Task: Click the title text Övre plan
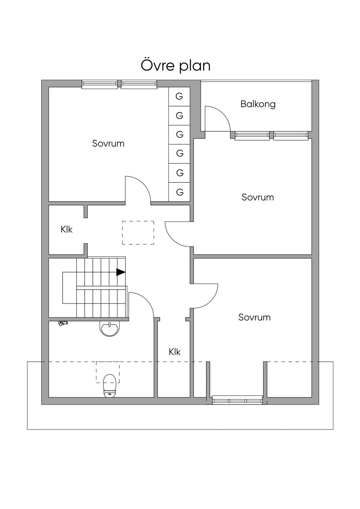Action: pos(175,66)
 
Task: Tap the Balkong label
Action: pos(258,104)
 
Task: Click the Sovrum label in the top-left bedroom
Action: pos(108,143)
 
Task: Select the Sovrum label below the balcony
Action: pos(258,197)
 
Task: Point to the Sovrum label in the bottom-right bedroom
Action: pos(255,317)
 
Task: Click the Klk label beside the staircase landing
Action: pos(66,230)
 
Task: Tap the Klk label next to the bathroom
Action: pos(174,352)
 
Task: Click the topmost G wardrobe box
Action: pos(179,96)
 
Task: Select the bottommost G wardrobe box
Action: pos(179,192)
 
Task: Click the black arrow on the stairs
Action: pos(121,272)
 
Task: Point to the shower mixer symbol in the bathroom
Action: pos(63,323)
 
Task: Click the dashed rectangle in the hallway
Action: pos(138,233)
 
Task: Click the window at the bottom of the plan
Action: pos(237,400)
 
